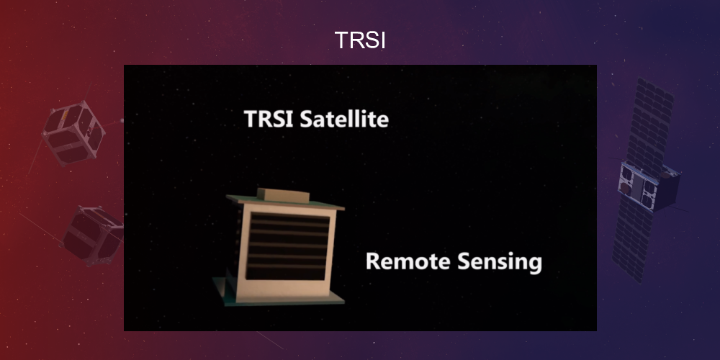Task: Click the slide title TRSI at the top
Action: tap(360, 40)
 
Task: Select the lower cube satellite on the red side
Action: tap(91, 234)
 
